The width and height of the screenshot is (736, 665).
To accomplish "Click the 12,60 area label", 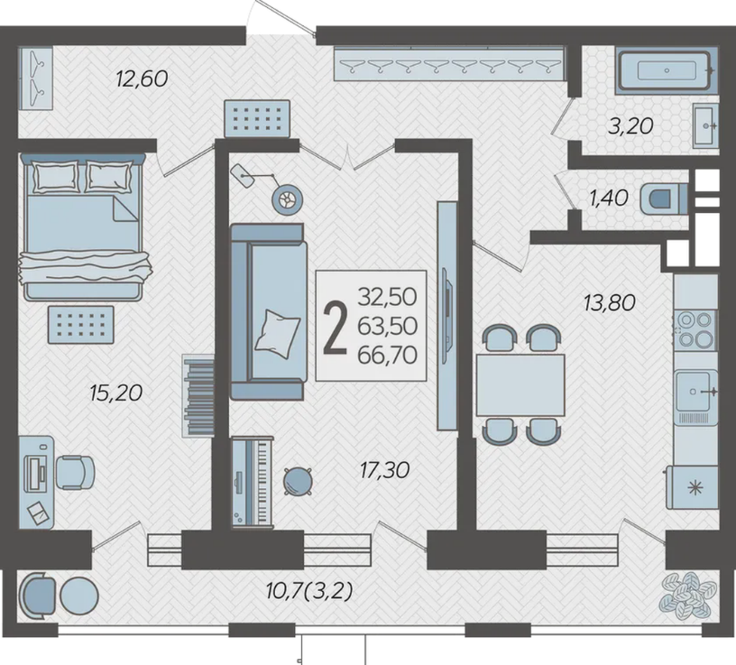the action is coord(142,79).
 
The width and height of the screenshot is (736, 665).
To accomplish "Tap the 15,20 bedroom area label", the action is coord(115,393).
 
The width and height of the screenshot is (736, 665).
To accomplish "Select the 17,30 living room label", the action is coord(384,469).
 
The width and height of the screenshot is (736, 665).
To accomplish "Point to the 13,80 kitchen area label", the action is coord(609,302).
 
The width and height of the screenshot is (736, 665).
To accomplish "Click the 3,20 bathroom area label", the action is coord(630,126).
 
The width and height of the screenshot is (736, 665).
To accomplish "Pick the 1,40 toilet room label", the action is coord(609,199).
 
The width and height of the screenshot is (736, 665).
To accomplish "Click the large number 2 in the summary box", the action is coord(336,328).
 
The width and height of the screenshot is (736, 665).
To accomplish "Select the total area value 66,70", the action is coord(387,355).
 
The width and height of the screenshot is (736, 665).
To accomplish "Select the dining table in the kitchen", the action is coord(520,385).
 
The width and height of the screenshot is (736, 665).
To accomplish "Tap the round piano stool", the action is coord(298,481).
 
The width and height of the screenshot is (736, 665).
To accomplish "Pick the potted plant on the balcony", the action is coord(687,595).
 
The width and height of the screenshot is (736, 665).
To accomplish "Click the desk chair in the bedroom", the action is coord(75,472).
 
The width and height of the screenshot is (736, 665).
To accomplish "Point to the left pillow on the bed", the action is coord(55,176).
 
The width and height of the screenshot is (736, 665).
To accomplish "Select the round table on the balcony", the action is coord(78,596).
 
